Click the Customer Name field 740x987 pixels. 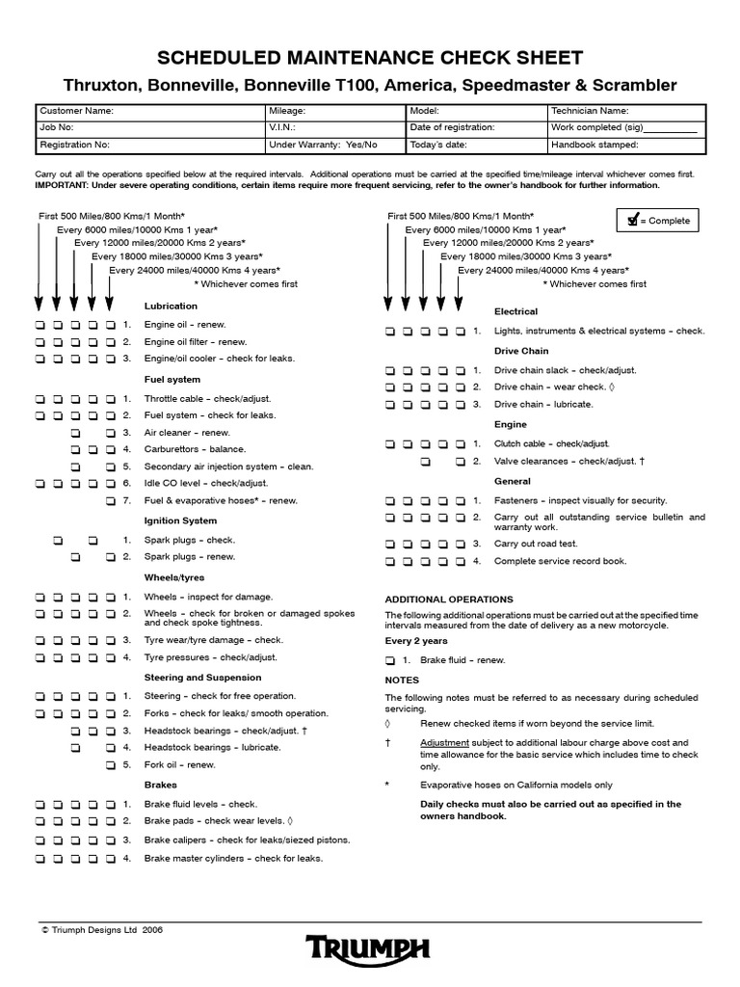tap(150, 111)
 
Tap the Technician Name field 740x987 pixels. tap(624, 111)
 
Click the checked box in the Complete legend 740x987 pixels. tap(632, 221)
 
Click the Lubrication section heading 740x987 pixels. tap(171, 306)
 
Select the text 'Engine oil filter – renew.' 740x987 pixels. tap(196, 342)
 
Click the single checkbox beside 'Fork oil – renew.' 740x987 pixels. tap(111, 765)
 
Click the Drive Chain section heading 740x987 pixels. tap(521, 351)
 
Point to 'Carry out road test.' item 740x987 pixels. tap(535, 544)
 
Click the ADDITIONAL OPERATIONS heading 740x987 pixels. tap(449, 600)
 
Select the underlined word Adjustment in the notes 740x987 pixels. tap(445, 743)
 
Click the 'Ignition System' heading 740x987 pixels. tap(180, 520)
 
